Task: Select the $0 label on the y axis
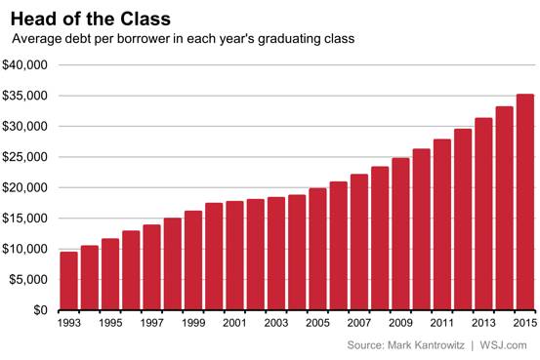(40, 310)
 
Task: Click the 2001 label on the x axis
(234, 323)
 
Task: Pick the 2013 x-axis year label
(483, 323)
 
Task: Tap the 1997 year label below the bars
(151, 323)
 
